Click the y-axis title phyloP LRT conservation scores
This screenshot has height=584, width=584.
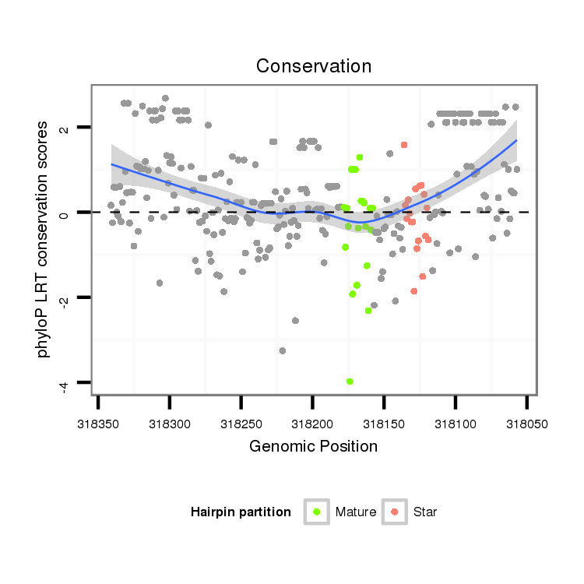[x=44, y=238]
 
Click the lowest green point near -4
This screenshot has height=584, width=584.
[x=350, y=381]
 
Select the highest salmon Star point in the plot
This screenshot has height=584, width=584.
[x=404, y=145]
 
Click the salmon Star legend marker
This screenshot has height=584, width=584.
[x=395, y=512]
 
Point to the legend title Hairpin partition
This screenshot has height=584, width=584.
[x=241, y=512]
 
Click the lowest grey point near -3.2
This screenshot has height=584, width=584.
[x=282, y=351]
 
